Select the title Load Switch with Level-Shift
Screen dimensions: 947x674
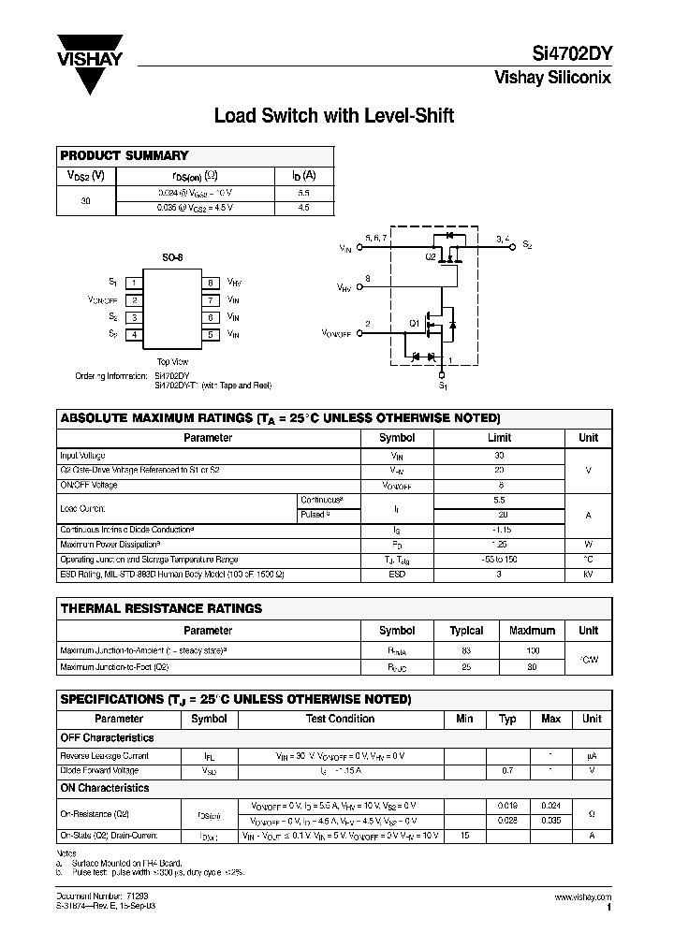click(334, 116)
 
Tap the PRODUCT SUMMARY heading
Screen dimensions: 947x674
click(125, 155)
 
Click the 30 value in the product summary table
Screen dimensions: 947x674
click(86, 200)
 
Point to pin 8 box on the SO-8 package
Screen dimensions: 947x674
click(212, 283)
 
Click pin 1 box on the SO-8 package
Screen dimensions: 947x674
click(136, 283)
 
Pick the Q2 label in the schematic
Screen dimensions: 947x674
click(432, 256)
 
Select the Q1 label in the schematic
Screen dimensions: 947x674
click(414, 324)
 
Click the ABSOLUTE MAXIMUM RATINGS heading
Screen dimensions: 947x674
click(280, 418)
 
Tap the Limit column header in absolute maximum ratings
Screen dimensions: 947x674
click(500, 438)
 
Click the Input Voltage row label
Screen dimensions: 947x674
click(82, 456)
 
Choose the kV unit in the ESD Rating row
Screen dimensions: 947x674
click(588, 573)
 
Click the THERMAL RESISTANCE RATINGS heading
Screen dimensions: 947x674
click(161, 608)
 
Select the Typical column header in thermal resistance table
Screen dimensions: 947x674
click(466, 631)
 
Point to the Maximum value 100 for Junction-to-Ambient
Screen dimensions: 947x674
click(532, 649)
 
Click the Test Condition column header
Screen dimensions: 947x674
click(340, 719)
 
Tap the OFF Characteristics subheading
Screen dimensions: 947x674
click(107, 737)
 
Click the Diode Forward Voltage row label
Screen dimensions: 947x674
click(98, 771)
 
